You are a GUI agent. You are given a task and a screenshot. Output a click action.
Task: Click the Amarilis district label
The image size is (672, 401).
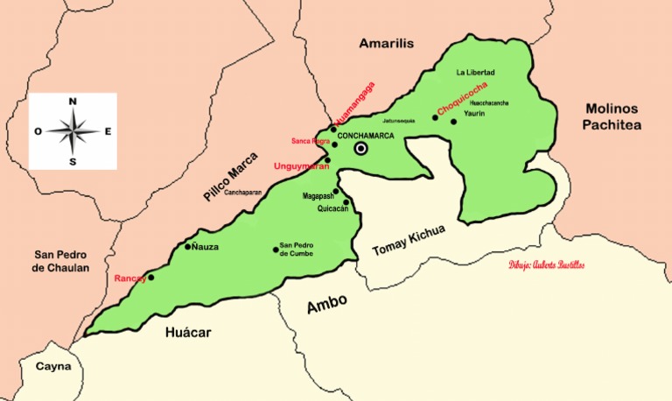386,43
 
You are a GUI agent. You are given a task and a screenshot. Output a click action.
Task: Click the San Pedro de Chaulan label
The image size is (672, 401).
60,261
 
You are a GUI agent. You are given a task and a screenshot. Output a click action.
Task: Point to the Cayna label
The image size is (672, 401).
52,368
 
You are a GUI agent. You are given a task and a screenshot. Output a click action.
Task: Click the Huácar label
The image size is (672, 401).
188,332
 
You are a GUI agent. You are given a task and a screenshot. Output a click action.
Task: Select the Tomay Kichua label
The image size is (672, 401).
409,240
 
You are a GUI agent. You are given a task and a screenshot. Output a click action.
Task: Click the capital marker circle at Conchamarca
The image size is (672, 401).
360,150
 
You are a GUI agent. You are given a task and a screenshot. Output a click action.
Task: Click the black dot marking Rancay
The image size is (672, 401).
150,278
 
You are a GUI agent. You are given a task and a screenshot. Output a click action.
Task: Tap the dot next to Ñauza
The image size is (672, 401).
187,247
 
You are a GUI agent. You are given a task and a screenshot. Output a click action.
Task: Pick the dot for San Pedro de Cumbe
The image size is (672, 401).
276,250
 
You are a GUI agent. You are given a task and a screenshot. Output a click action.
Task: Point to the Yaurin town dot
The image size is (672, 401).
453,122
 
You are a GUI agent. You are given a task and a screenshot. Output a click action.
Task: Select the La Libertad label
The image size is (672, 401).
475,72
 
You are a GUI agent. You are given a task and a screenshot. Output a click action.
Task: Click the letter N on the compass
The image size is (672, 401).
73,102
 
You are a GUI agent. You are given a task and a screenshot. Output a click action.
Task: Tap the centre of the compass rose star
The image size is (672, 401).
73,131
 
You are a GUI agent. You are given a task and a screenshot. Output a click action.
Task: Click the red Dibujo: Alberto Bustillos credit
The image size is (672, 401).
546,264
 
